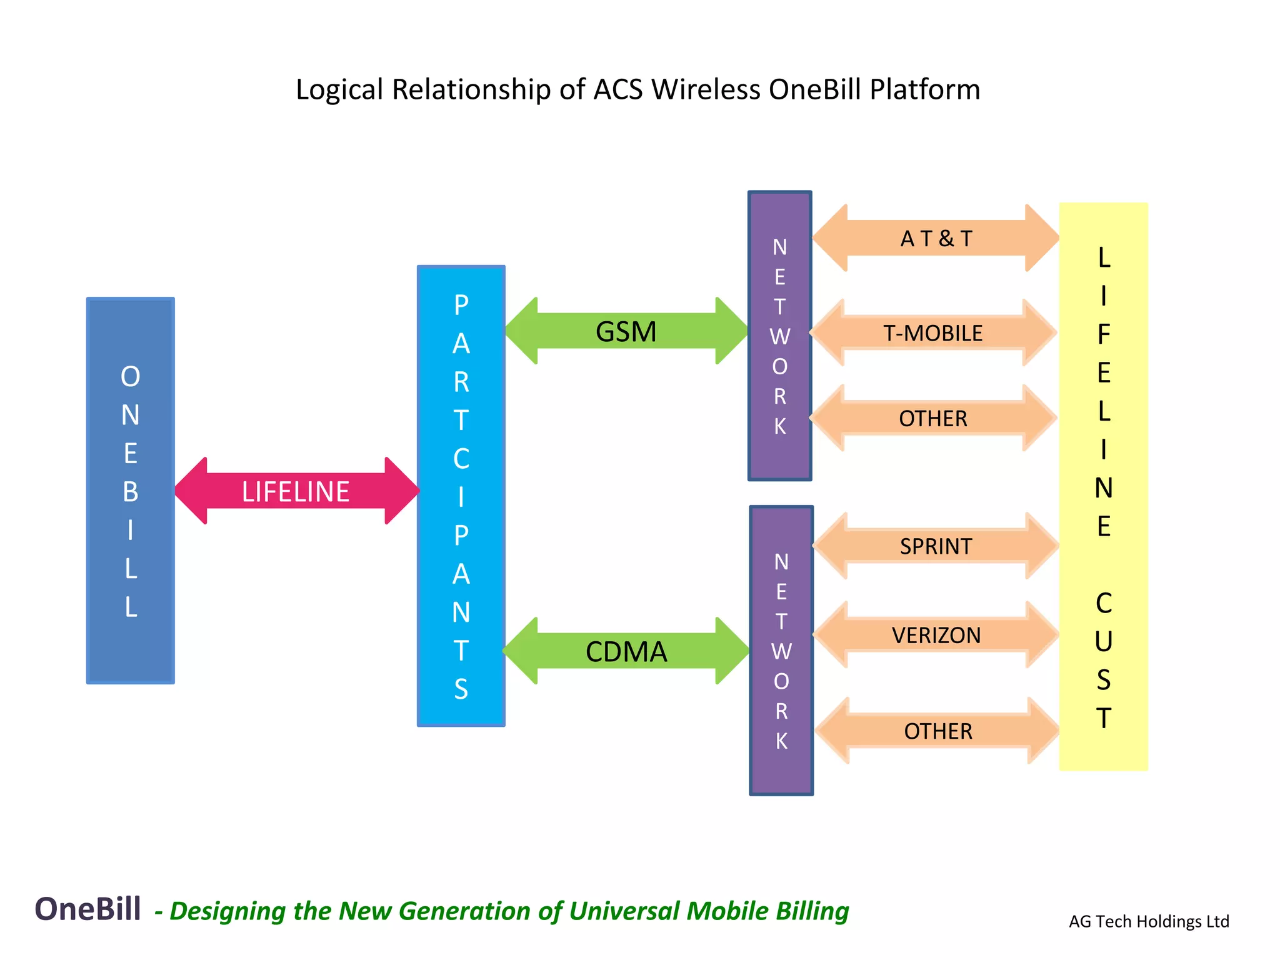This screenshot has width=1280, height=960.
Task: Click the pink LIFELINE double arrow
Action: pyautogui.click(x=296, y=491)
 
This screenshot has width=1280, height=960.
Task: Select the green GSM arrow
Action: pyautogui.click(x=626, y=332)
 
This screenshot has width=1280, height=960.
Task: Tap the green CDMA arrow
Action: pyautogui.click(x=626, y=651)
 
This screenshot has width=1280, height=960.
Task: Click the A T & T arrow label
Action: pyautogui.click(x=936, y=238)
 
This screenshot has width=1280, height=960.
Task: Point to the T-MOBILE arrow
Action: pyautogui.click(x=932, y=333)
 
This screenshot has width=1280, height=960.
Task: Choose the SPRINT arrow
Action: pyautogui.click(x=936, y=546)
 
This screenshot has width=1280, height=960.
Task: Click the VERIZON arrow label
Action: pyautogui.click(x=936, y=635)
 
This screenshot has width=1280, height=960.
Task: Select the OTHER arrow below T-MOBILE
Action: pyautogui.click(x=932, y=418)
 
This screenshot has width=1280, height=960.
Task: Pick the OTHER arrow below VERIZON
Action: pyautogui.click(x=937, y=731)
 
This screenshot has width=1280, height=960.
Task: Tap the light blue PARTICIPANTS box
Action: pyautogui.click(x=461, y=496)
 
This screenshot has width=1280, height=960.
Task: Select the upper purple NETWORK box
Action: pyautogui.click(x=779, y=336)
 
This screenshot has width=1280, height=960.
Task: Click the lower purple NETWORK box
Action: pyautogui.click(x=781, y=651)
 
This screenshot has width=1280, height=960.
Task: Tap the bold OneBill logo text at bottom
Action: pyautogui.click(x=87, y=909)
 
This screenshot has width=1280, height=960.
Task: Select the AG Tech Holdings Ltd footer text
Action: pyautogui.click(x=1149, y=921)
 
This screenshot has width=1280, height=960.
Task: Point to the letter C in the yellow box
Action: pyautogui.click(x=1103, y=603)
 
